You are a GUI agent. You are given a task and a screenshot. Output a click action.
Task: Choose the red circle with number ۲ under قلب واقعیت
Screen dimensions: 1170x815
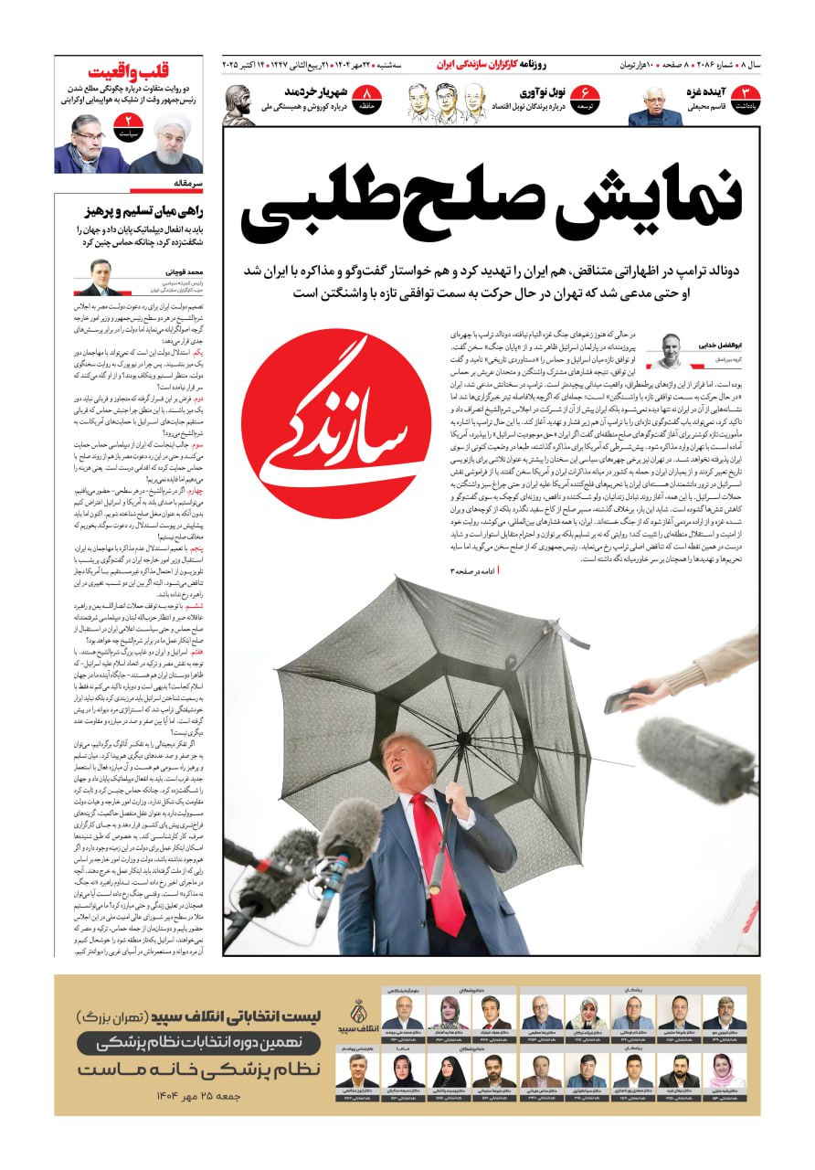(128, 124)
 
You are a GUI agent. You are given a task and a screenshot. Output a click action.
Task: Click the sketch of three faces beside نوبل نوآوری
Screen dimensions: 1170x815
(446, 102)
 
